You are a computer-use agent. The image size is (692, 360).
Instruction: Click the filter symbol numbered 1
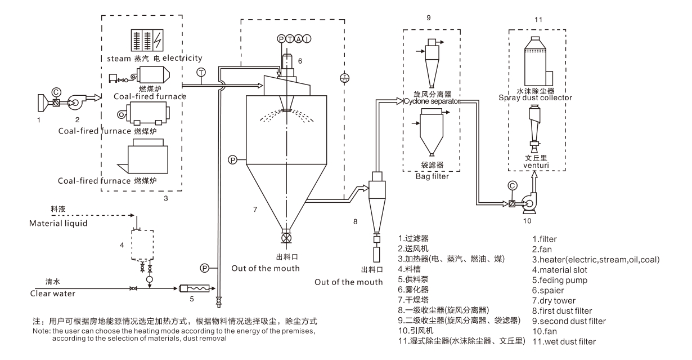coord(42,103)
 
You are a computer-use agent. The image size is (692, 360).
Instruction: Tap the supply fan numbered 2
coord(75,102)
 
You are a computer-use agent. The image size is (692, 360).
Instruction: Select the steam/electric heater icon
coord(147,40)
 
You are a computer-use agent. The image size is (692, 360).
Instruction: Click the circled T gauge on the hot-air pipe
coord(201,72)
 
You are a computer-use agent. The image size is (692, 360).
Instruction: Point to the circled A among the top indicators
coord(299,39)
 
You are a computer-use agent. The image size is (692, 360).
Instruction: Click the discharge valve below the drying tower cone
coord(287,238)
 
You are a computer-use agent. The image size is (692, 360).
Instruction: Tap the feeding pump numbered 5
coord(195,288)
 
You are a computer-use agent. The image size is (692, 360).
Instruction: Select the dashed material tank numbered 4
coord(142,245)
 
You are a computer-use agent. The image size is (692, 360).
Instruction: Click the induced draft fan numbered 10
coord(529,203)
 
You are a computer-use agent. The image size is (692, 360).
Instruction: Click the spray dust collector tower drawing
coord(538,61)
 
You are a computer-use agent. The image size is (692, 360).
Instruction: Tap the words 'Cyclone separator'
coord(432,101)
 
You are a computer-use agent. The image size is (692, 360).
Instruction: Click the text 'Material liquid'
coord(58,223)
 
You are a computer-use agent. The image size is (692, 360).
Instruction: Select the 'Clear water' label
coord(52,294)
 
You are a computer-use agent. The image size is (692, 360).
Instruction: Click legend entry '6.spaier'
coord(548,290)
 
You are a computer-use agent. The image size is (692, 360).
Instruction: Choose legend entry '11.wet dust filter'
coord(564,342)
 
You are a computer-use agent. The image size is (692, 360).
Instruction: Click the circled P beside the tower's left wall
coord(232,160)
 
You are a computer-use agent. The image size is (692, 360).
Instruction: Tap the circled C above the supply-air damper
coord(56,92)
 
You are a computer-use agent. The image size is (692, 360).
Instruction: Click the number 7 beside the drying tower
coord(255,210)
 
